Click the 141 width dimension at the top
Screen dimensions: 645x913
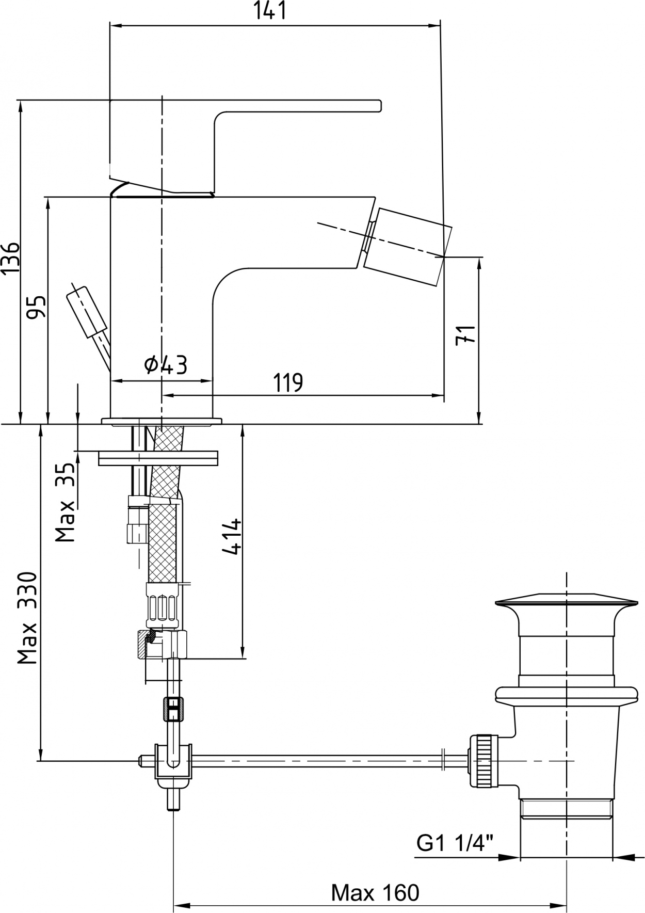point(269,11)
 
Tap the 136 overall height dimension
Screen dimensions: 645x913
point(10,257)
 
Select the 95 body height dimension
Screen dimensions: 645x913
point(37,308)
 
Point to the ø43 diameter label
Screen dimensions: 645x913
point(166,365)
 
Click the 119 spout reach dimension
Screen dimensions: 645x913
point(288,382)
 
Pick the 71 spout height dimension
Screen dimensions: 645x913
point(466,334)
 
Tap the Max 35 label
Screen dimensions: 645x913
point(66,501)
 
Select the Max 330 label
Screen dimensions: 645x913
point(28,618)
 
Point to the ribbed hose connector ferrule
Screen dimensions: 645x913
point(163,607)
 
